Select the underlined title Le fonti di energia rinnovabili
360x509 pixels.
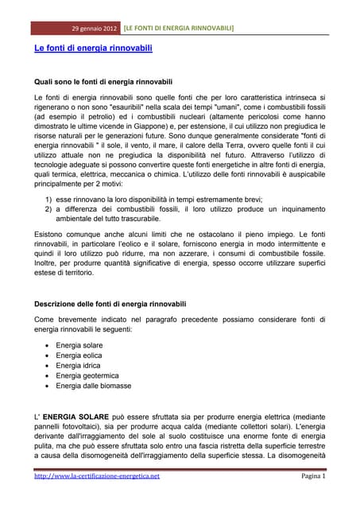coord(93,49)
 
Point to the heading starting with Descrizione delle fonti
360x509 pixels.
coord(110,304)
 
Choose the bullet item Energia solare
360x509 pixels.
coord(85,345)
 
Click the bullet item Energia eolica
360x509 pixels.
coord(85,356)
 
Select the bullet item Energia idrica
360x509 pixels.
coord(84,366)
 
